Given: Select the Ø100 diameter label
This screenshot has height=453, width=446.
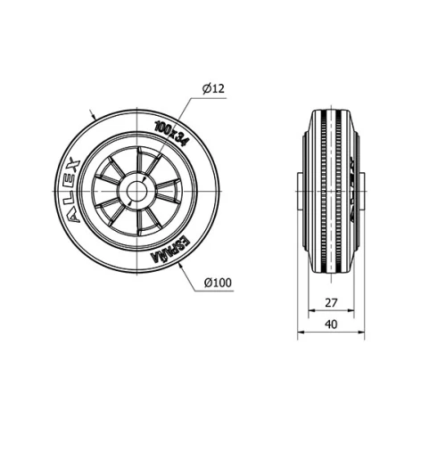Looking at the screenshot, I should (x=218, y=283).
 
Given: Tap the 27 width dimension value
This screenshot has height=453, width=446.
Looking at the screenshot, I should (x=331, y=302).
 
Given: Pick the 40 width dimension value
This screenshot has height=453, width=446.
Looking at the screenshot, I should (x=331, y=325).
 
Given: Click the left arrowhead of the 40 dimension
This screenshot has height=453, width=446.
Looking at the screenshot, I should (x=300, y=335).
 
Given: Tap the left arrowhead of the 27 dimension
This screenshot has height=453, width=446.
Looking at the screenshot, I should (x=311, y=312).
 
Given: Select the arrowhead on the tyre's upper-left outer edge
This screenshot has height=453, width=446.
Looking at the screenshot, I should (x=95, y=117).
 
